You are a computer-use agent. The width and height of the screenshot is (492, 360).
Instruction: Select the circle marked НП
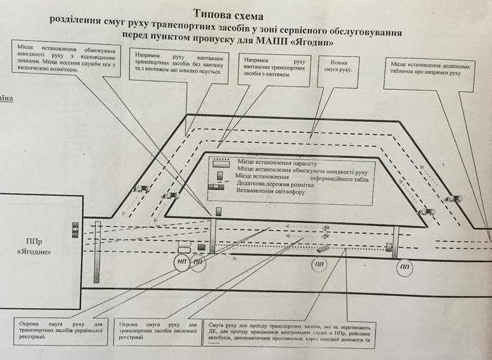tap(182, 262)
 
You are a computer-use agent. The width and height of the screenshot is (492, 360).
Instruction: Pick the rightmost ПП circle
tap(404, 268)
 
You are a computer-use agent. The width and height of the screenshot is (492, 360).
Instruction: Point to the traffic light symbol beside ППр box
tap(75, 229)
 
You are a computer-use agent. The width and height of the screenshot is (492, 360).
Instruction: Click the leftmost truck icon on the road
tap(139, 188)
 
